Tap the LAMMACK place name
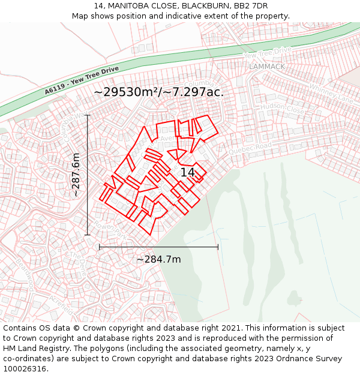click(x=267, y=67)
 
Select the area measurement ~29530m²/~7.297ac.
click(x=159, y=92)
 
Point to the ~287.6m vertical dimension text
click(x=76, y=175)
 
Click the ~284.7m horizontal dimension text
click(x=158, y=260)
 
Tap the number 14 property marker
click(x=187, y=172)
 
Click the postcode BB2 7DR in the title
click(x=251, y=6)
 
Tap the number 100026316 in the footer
click(x=25, y=368)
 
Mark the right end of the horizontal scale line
click(x=218, y=247)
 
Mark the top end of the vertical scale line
click(x=88, y=115)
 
